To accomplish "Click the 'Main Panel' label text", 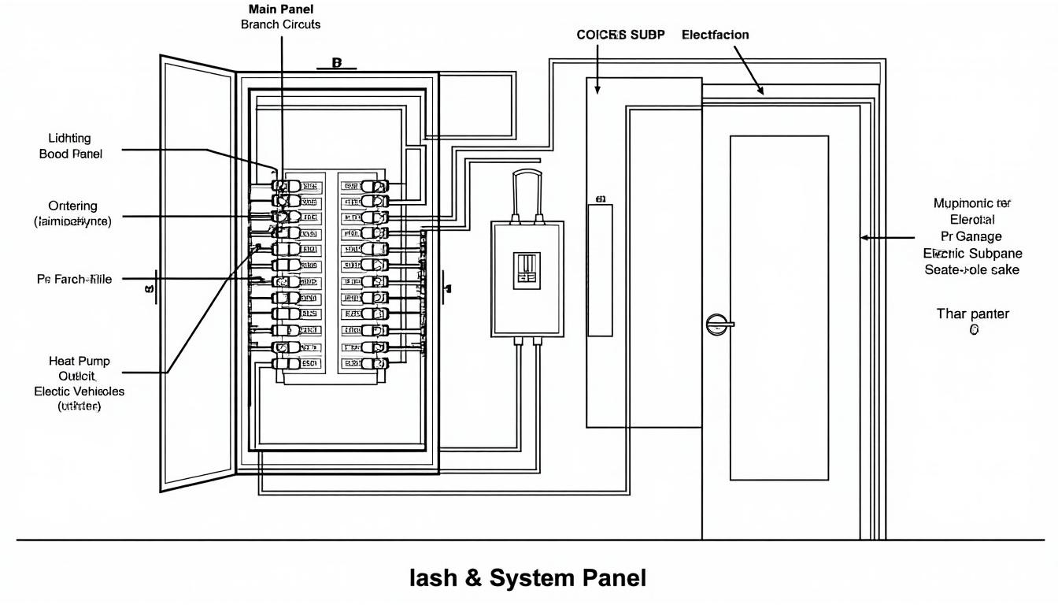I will point(280,9).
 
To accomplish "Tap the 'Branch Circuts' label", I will point(280,24).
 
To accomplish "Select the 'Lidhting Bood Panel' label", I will point(70,147).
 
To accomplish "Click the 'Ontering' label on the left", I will point(72,206).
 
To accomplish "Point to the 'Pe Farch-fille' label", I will point(74,279).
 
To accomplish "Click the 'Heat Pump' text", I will point(80,361).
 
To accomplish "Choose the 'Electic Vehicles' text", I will point(79,391).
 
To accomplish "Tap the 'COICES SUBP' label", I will point(621,35).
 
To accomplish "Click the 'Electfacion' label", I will point(715,35).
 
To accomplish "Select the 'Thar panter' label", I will point(972,314).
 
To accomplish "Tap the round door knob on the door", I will point(716,323).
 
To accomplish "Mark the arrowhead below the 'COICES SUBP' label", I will point(598,91).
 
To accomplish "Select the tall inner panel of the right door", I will point(779,307).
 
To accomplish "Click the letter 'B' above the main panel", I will point(336,62).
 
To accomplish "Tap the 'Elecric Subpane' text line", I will point(972,253).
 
